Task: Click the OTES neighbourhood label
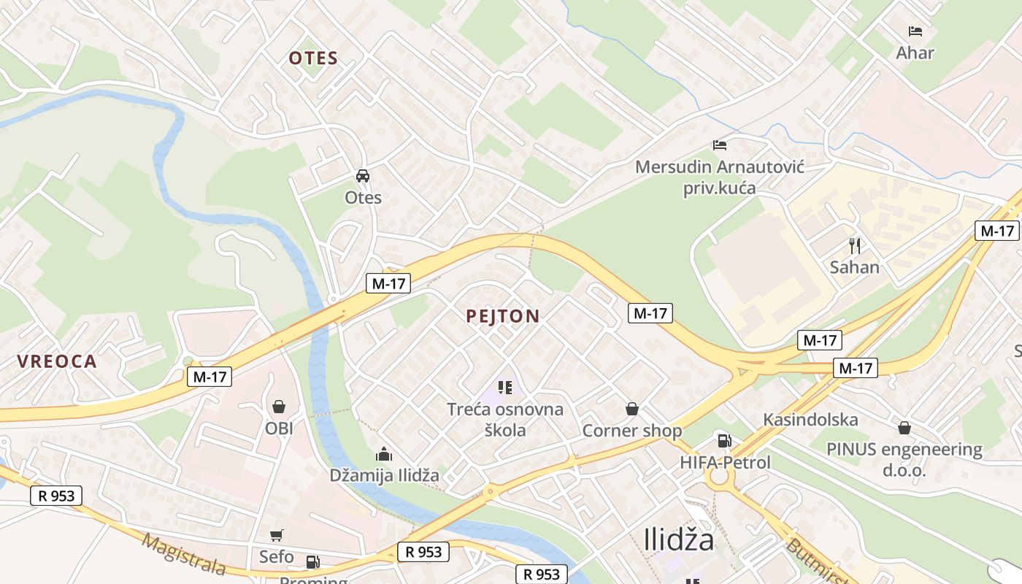click(x=313, y=58)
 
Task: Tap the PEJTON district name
click(x=502, y=316)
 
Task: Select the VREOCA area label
click(x=57, y=361)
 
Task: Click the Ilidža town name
click(x=679, y=539)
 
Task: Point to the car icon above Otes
click(x=363, y=176)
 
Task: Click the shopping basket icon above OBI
click(x=278, y=407)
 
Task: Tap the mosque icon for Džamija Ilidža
click(x=384, y=454)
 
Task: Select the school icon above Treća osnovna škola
click(x=505, y=387)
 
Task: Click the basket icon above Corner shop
click(x=631, y=409)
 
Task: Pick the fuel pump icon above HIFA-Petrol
click(x=724, y=440)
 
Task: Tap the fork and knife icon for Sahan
click(x=854, y=245)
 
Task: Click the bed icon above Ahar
click(x=915, y=31)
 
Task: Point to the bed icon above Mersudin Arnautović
click(x=720, y=145)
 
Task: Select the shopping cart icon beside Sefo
click(x=276, y=537)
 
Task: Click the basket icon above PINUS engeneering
click(x=904, y=428)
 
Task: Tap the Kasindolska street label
click(x=810, y=420)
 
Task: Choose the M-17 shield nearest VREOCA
click(x=210, y=377)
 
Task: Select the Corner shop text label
click(x=631, y=431)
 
